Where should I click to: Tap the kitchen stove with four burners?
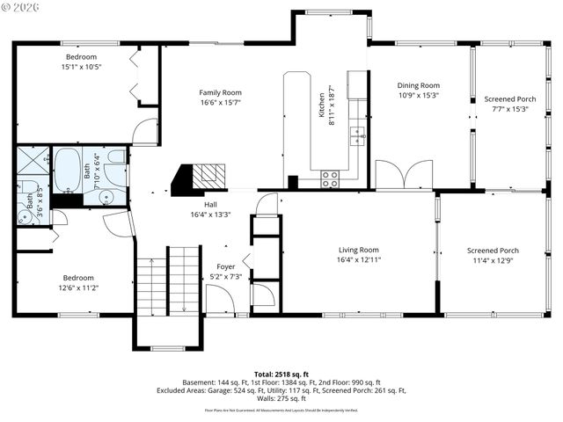click(331, 178)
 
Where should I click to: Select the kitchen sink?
click(357, 135)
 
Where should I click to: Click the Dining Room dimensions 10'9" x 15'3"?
click(419, 96)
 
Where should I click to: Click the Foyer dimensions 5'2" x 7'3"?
click(225, 276)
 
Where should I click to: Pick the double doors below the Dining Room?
click(404, 176)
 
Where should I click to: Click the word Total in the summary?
click(265, 374)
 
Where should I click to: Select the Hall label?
click(210, 204)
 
